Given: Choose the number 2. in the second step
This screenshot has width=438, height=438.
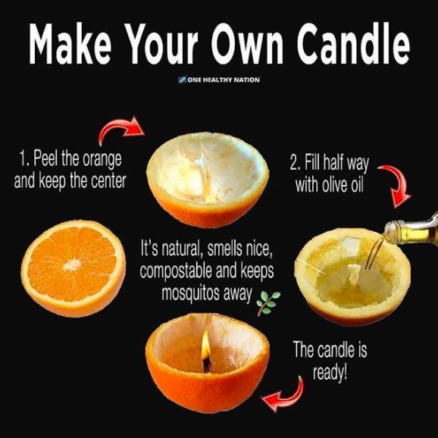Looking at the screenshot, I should pos(296,162).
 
